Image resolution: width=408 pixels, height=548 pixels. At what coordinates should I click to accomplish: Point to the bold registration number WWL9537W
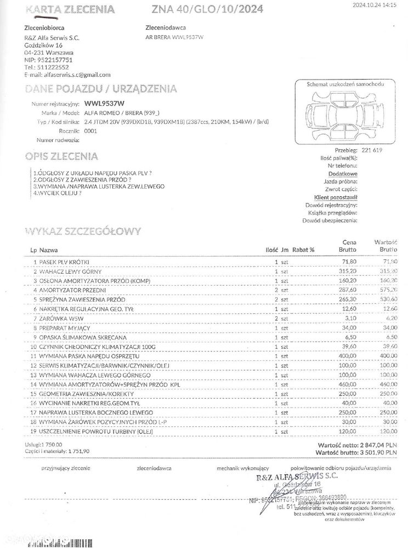pos(105,103)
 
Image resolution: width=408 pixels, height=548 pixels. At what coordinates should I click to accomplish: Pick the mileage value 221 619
pos(372,150)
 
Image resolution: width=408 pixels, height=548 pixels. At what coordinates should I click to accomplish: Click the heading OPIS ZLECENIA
pos(61,156)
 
